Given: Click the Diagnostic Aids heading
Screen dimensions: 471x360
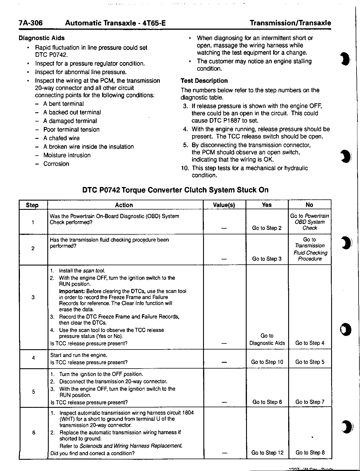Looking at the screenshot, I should (42, 38).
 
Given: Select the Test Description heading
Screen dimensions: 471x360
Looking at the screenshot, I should (204, 81).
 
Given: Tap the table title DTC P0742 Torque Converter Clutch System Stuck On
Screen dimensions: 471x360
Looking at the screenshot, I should (175, 190).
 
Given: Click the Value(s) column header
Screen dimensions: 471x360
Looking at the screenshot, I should (224, 205).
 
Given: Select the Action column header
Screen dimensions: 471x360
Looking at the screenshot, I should (124, 205).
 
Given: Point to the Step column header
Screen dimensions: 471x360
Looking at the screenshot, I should (32, 205).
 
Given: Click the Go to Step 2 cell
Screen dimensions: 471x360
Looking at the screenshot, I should (267, 228).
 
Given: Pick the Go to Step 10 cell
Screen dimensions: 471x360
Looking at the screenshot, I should (267, 362).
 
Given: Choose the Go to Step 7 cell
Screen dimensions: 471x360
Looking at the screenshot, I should (310, 402).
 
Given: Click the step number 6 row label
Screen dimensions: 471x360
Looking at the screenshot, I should (34, 433).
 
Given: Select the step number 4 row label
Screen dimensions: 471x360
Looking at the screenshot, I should (33, 358).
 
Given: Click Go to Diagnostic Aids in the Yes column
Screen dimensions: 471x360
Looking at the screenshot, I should (267, 339).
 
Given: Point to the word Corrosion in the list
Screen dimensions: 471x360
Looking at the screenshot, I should (56, 164).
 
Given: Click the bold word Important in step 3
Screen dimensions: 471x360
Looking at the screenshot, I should (72, 291).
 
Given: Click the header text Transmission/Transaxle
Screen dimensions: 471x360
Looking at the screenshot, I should (290, 23).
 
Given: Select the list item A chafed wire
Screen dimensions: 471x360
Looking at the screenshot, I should (61, 138).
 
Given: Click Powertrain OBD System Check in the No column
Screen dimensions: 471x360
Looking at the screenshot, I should (310, 222).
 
